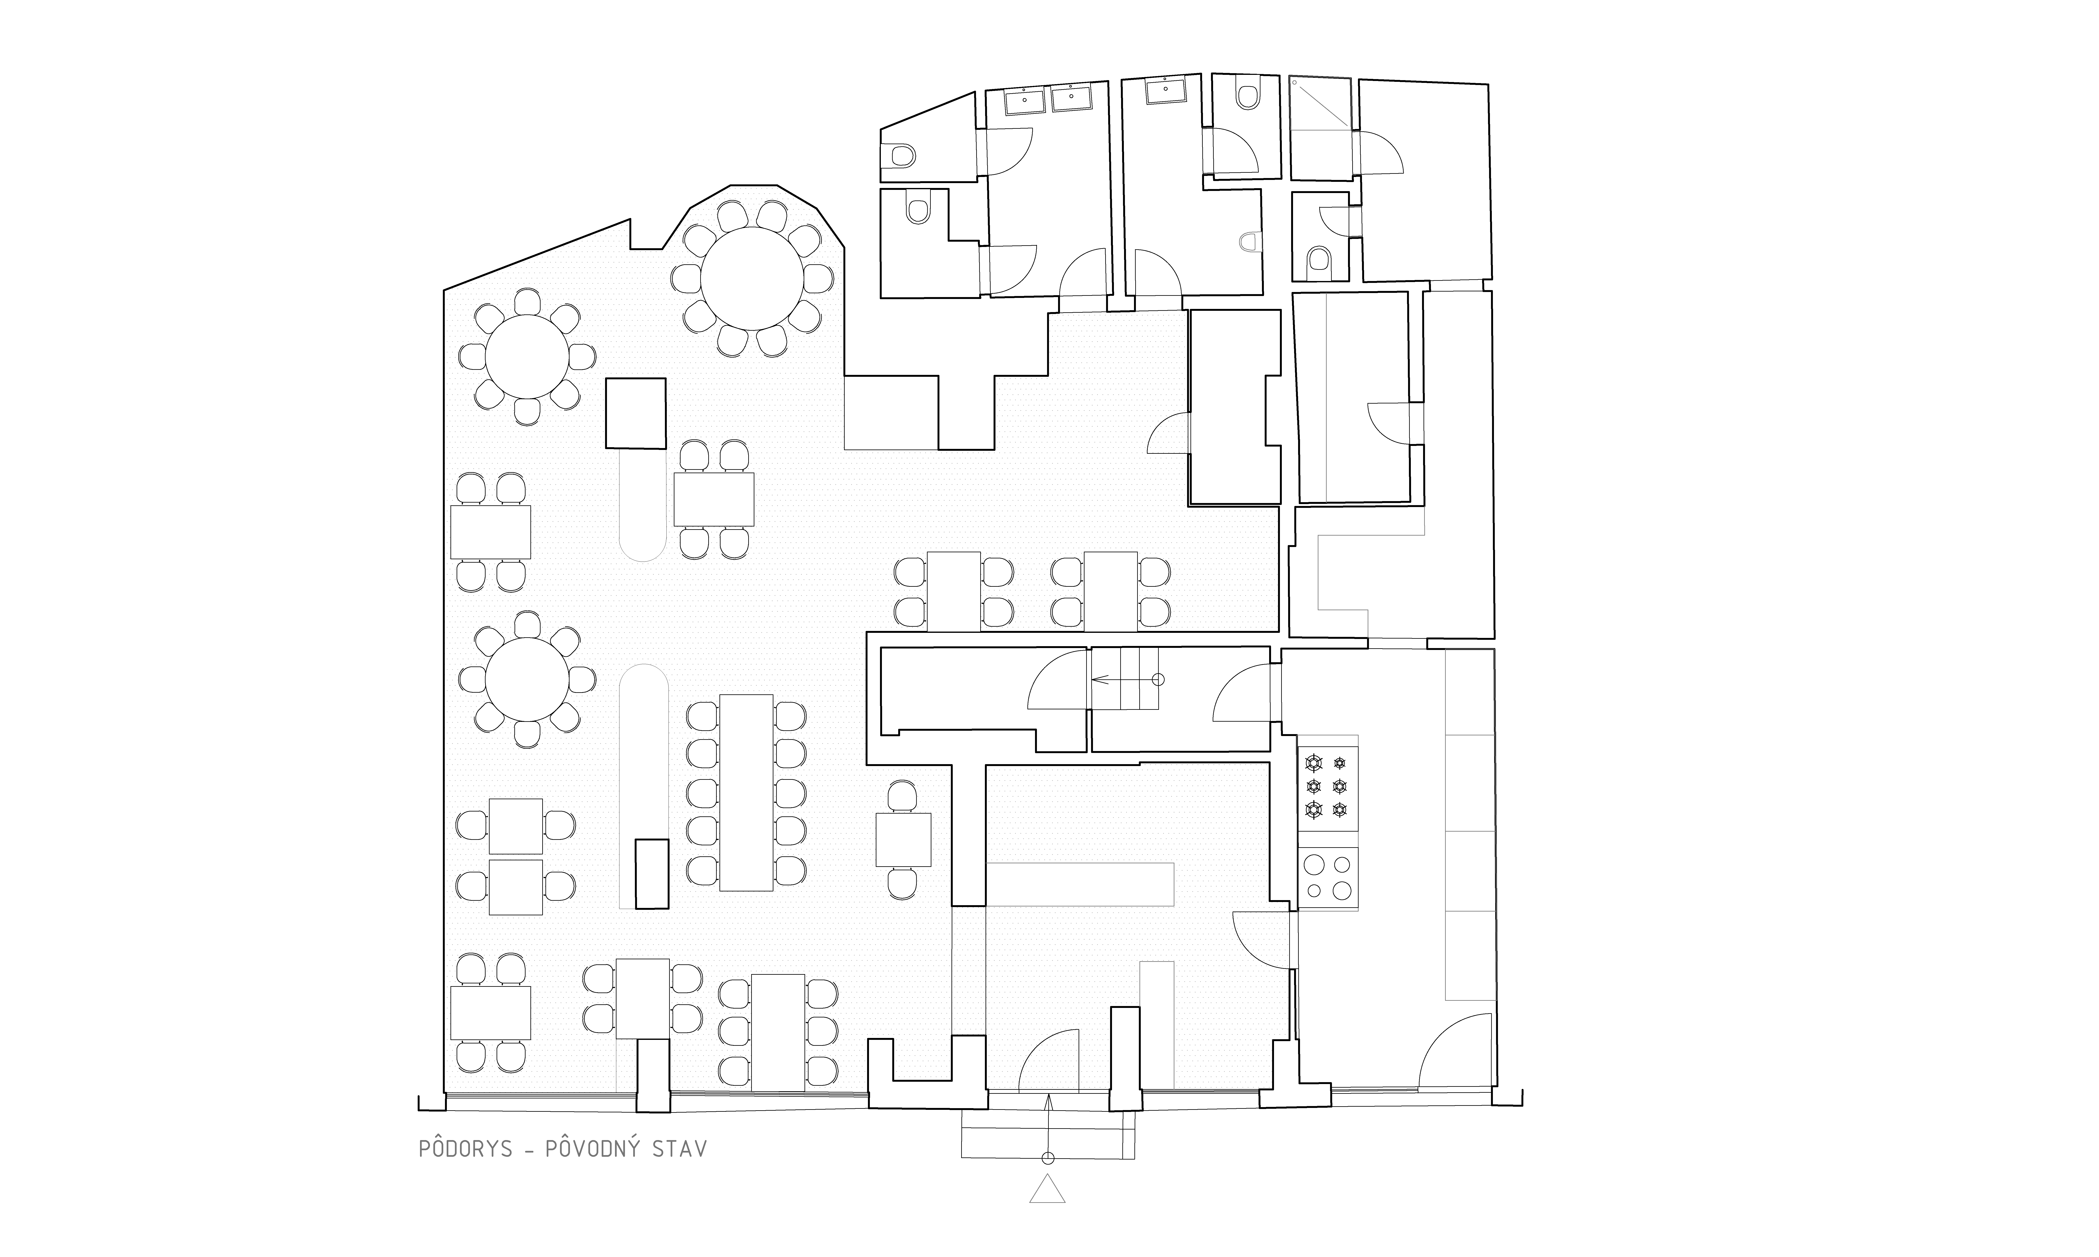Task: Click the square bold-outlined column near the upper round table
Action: tap(635, 413)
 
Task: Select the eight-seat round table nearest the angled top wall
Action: tap(527, 357)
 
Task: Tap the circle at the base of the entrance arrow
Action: tap(1048, 1158)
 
